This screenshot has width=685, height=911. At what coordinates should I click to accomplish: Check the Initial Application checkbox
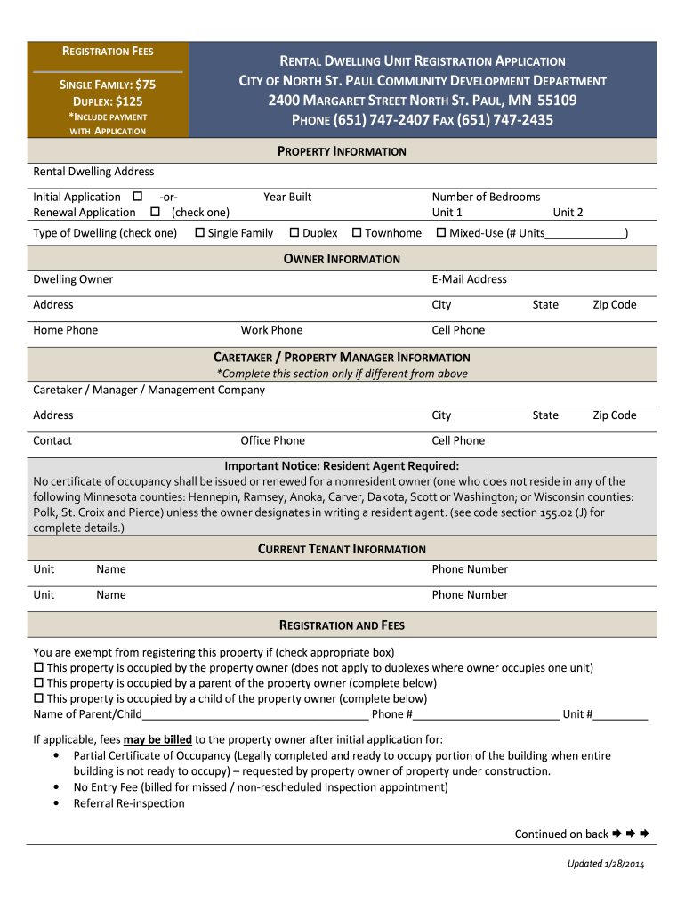137,197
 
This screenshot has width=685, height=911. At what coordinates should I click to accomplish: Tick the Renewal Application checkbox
155,212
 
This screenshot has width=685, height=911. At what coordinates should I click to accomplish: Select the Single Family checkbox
200,233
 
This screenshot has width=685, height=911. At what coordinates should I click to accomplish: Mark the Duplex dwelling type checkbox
294,233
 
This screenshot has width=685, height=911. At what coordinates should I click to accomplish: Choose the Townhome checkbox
357,233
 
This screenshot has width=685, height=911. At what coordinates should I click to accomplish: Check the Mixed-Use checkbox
441,233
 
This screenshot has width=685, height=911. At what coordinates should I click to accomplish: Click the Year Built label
287,197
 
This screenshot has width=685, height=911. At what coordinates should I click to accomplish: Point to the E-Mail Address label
469,279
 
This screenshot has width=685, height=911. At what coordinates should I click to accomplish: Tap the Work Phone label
271,330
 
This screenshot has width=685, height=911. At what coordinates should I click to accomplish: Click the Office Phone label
272,440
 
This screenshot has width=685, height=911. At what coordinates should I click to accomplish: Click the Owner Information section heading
342,259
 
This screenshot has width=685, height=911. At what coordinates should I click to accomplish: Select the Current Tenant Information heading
342,549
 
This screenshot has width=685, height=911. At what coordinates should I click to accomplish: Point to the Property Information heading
342,151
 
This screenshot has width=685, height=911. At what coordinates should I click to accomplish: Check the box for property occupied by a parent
38,683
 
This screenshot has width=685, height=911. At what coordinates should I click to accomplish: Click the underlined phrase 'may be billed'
157,739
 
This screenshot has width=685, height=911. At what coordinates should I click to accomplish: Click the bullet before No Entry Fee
56,787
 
